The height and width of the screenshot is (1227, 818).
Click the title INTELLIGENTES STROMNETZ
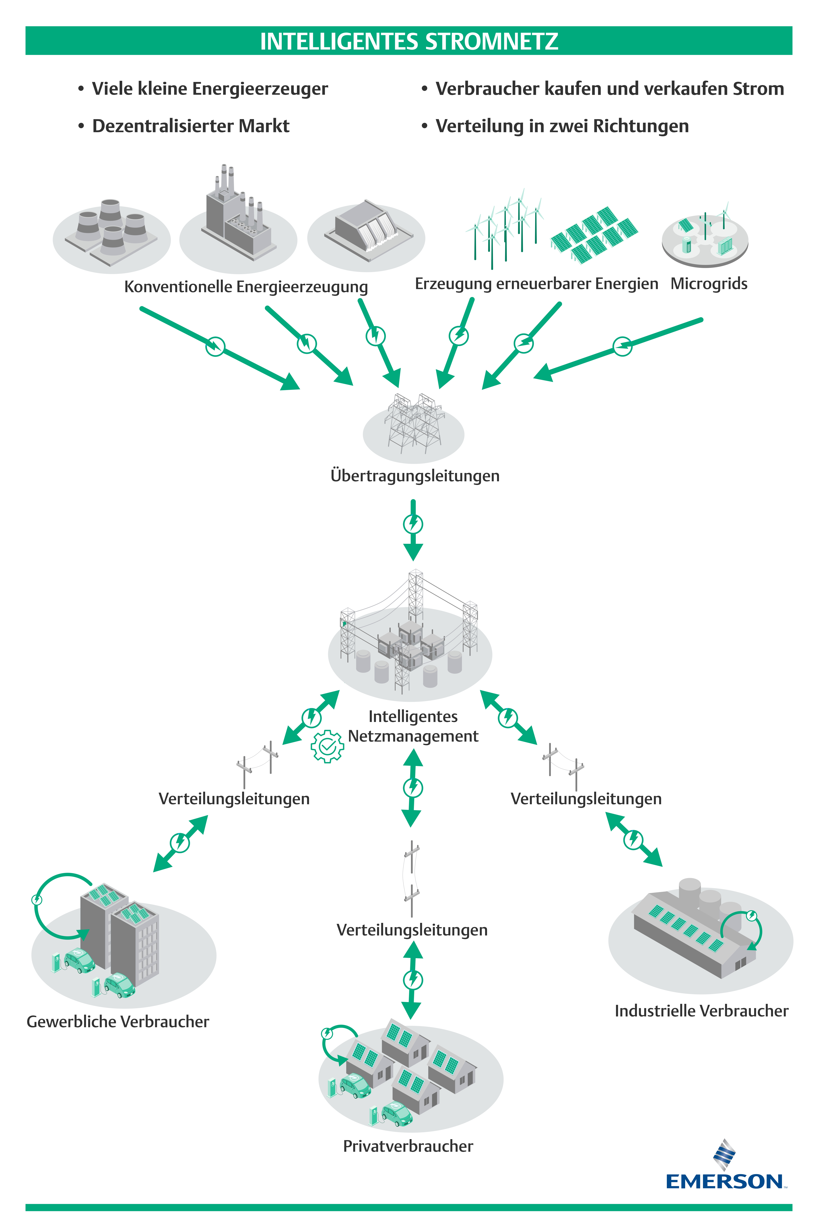[409, 41]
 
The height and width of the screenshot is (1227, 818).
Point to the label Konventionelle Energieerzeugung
[246, 286]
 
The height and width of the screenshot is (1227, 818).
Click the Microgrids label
[708, 284]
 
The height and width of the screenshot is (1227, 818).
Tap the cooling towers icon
[111, 232]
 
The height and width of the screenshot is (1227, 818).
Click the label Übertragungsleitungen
[415, 476]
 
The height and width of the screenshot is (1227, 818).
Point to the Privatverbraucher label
[408, 1146]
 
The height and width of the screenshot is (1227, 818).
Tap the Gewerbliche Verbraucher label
[118, 1022]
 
